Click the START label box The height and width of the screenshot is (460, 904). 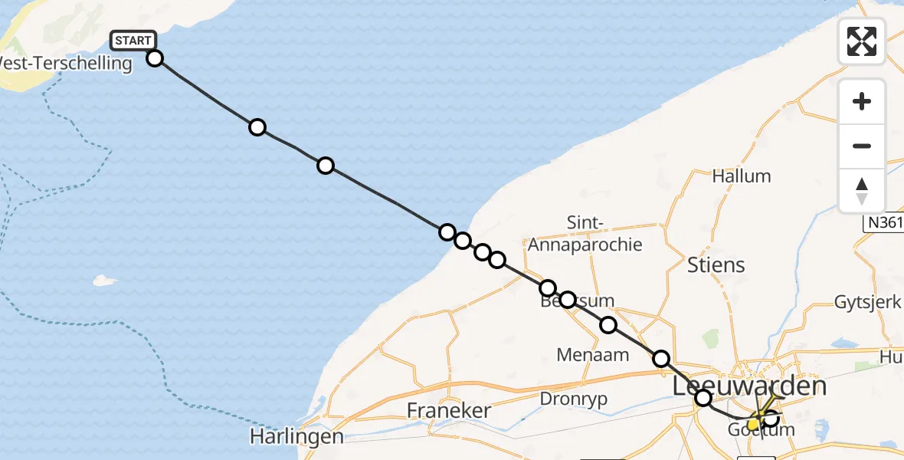[134, 40]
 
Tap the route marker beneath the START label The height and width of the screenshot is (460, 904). [155, 58]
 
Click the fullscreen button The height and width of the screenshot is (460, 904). [862, 41]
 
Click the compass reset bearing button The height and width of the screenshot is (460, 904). [862, 191]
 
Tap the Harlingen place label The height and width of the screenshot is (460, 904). [296, 437]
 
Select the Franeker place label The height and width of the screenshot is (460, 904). [448, 410]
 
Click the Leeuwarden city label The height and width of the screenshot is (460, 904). [749, 386]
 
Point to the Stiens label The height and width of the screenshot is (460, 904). [716, 265]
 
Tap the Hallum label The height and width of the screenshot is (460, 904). [741, 176]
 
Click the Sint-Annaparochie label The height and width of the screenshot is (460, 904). [585, 234]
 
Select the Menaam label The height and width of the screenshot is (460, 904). [594, 354]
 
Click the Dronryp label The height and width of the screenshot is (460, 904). [573, 399]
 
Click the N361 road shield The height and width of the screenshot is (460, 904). [883, 223]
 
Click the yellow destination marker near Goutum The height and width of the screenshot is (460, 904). [753, 423]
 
